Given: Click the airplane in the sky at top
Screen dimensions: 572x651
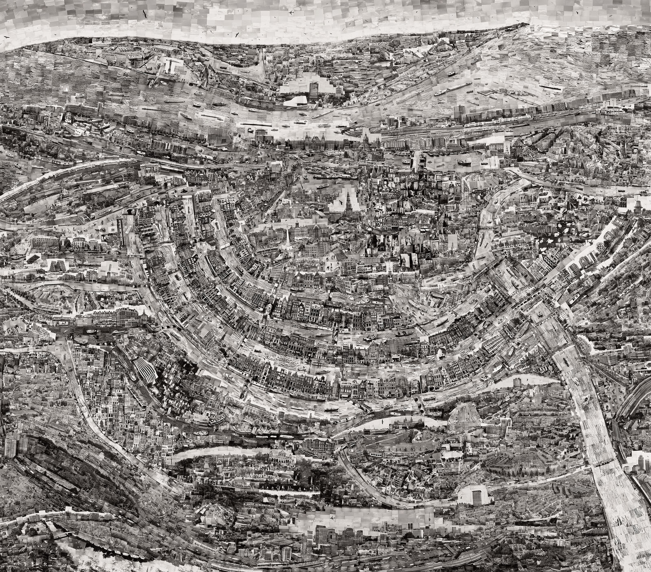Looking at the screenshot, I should pyautogui.click(x=291, y=13).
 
